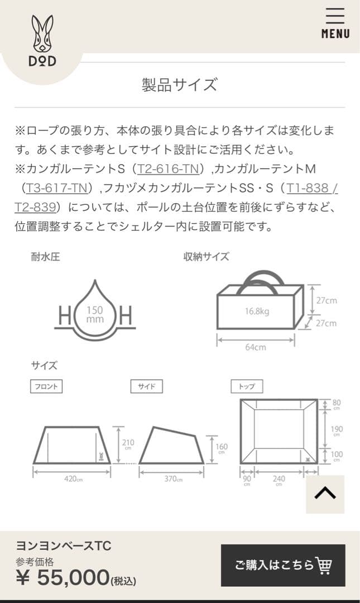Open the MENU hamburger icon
click(335, 23)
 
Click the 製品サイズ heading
click(179, 85)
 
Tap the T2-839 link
click(35, 207)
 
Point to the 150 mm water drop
click(95, 314)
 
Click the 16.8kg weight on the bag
click(257, 311)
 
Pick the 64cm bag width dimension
click(256, 347)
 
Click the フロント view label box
click(46, 386)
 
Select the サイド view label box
click(146, 386)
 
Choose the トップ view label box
click(247, 386)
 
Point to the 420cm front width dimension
click(73, 479)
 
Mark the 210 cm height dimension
click(128, 444)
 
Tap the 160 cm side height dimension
click(221, 448)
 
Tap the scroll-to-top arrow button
click(325, 494)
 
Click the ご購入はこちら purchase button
click(283, 565)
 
